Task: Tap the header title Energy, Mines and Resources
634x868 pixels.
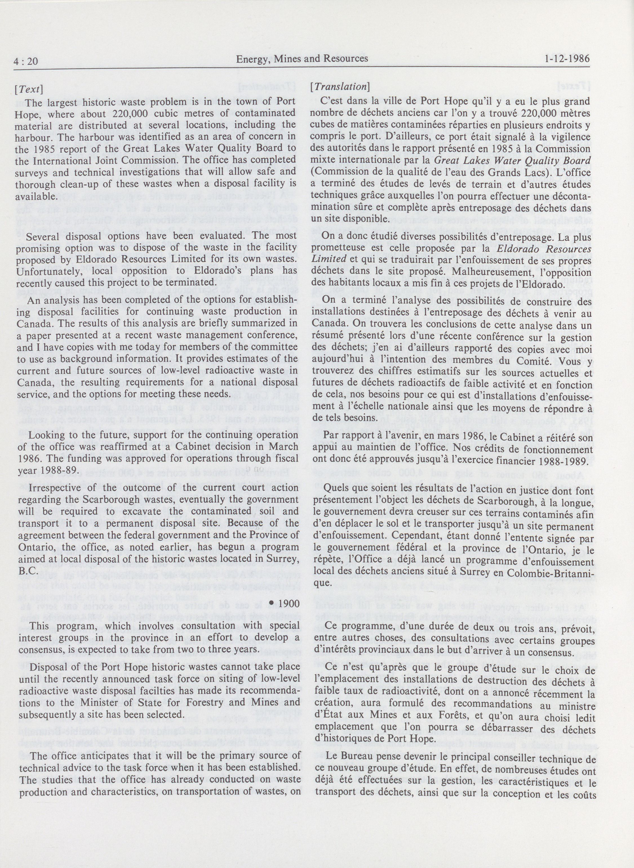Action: pos(302,58)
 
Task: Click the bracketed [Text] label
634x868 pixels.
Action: pos(29,89)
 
